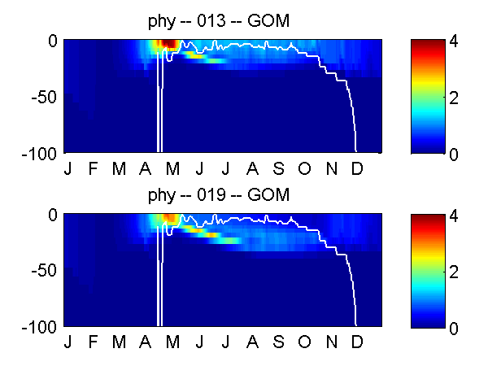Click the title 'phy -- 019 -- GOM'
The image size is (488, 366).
pos(219,196)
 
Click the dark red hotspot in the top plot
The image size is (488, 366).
pos(168,44)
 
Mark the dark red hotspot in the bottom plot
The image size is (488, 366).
pos(170,217)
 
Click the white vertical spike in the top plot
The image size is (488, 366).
pos(160,106)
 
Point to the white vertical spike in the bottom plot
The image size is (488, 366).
pos(160,281)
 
